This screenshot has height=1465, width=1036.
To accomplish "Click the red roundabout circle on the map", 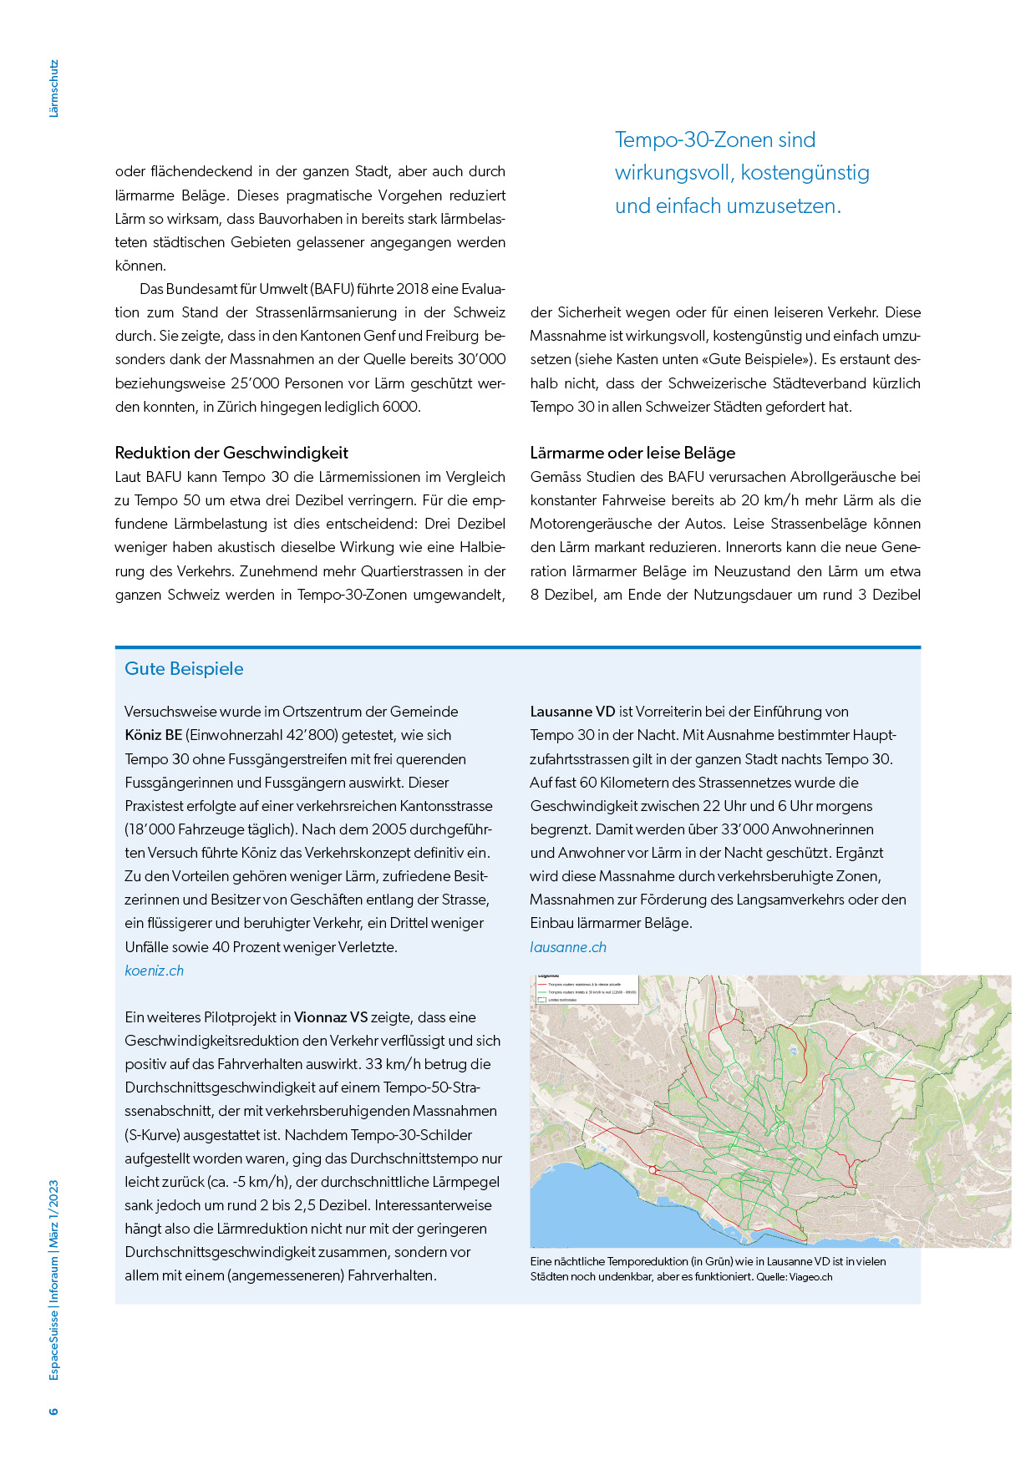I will (x=653, y=1170).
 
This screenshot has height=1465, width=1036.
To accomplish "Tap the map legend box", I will (x=585, y=989).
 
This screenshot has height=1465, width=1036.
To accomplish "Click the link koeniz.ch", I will (x=154, y=971).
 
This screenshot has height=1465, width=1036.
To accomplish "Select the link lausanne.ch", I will (x=568, y=947).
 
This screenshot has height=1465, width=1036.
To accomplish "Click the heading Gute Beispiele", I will (x=184, y=669).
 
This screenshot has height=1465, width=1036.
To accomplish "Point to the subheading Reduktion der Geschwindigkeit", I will (x=231, y=453).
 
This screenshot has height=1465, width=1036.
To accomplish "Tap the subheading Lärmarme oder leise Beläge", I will (x=632, y=453).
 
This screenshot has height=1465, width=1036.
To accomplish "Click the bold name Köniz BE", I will (x=153, y=735).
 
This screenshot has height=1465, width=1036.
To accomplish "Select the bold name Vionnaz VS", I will (x=331, y=1017).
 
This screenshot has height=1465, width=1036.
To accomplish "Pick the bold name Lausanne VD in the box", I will (x=572, y=712).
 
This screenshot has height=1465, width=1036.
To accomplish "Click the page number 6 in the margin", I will (x=54, y=1411).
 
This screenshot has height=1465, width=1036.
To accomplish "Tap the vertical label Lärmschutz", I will (x=54, y=89).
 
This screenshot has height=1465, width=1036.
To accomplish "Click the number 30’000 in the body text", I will (x=481, y=359).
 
